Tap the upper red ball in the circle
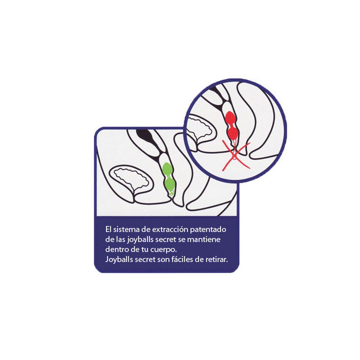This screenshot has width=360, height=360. click(230, 118)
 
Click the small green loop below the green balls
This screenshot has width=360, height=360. click(171, 193)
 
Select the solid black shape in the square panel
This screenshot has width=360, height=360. click(144, 136)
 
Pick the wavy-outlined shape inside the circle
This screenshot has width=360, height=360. click(200, 128)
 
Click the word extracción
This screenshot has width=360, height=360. click(170, 229)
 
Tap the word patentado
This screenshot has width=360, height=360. click(208, 229)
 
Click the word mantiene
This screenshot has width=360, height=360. click(204, 239)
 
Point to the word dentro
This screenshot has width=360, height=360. click(115, 249)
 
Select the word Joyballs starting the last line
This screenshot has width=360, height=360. click(119, 259)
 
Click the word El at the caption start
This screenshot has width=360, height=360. click(108, 229)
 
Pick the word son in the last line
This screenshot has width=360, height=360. click(162, 260)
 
